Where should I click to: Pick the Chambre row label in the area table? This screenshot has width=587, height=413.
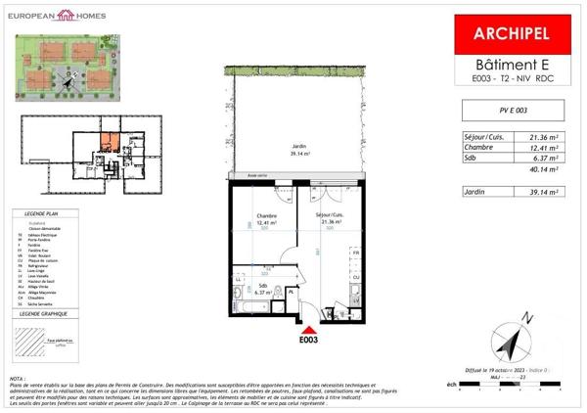[478, 147]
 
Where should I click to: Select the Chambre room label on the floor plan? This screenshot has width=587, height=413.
[267, 215]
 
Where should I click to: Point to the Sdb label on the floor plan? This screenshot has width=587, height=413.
[261, 285]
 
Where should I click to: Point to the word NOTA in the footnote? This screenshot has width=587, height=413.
[18, 378]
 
